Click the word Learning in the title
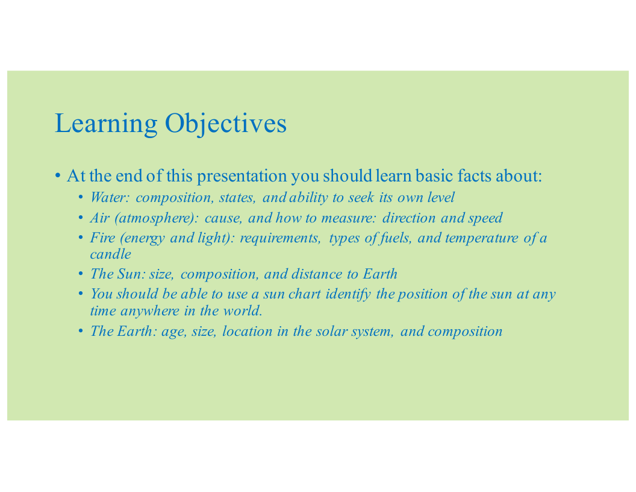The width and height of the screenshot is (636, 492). pyautogui.click(x=106, y=124)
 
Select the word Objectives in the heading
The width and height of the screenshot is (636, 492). pyautogui.click(x=225, y=124)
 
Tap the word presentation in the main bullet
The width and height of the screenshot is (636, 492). pyautogui.click(x=242, y=176)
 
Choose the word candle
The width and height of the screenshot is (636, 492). pyautogui.click(x=110, y=254)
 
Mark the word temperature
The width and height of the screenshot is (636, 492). pyautogui.click(x=481, y=238)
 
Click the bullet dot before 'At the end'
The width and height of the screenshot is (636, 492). pyautogui.click(x=58, y=176)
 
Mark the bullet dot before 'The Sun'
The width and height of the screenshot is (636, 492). pyautogui.click(x=81, y=274)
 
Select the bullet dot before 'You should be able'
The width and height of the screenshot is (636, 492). pyautogui.click(x=81, y=294)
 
